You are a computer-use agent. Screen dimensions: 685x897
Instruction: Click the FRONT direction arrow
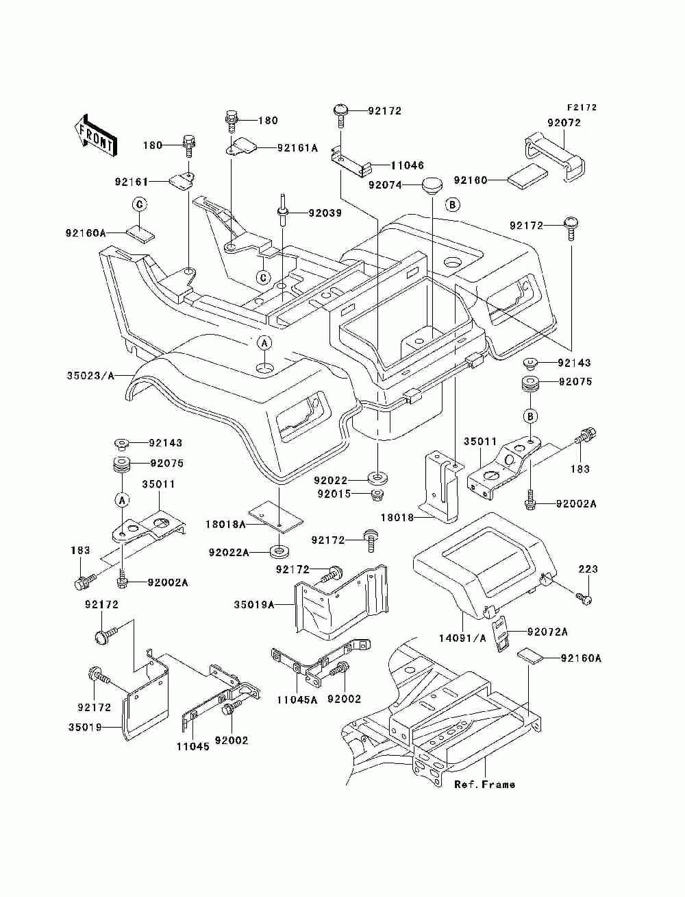pos(97,135)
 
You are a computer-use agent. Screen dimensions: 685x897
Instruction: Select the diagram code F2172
pos(582,108)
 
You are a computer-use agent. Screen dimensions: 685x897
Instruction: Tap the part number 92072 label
pos(564,123)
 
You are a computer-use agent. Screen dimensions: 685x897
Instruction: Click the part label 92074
pos(385,185)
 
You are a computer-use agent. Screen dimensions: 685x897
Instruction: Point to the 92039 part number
pos(325,213)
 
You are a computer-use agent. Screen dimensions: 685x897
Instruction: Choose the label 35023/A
pos(90,376)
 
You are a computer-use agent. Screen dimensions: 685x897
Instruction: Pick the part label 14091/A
pos(462,638)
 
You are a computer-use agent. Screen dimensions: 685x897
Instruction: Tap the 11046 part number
pos(407,165)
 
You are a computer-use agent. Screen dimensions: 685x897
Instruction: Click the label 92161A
pos(297,148)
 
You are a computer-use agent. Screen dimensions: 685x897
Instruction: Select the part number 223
pos(588,569)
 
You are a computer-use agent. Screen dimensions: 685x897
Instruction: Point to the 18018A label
pos(225,524)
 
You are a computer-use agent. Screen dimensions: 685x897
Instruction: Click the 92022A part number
pos(229,553)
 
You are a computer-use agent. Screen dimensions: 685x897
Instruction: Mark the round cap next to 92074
pos(432,186)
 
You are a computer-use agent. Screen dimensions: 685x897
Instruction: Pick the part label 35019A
pos(254,604)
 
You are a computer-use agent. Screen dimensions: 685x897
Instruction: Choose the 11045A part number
pos(297,699)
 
